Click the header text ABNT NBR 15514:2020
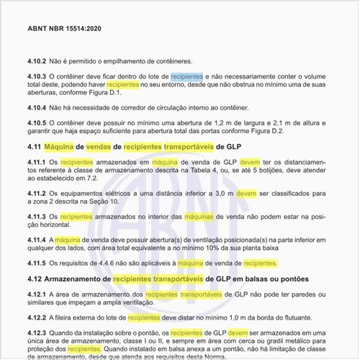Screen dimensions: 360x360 [64, 30]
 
